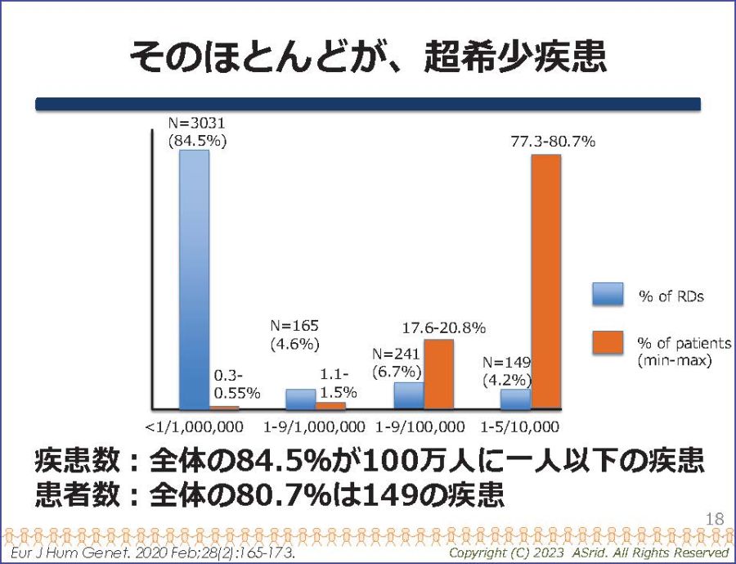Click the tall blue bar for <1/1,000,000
pos(194,278)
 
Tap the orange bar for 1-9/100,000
pos(438,373)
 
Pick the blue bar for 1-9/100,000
pos(408,395)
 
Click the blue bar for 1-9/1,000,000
pos(300,399)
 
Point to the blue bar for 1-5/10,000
pos(515,399)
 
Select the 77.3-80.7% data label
pos(553,141)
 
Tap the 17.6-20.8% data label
pos(445,327)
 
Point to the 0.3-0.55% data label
pos(237,385)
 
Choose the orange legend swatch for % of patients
pos(608,342)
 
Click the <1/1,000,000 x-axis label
pos(193,426)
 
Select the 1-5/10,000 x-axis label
pos(520,426)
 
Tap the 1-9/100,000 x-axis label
pos(420,426)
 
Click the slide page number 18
pos(714,518)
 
